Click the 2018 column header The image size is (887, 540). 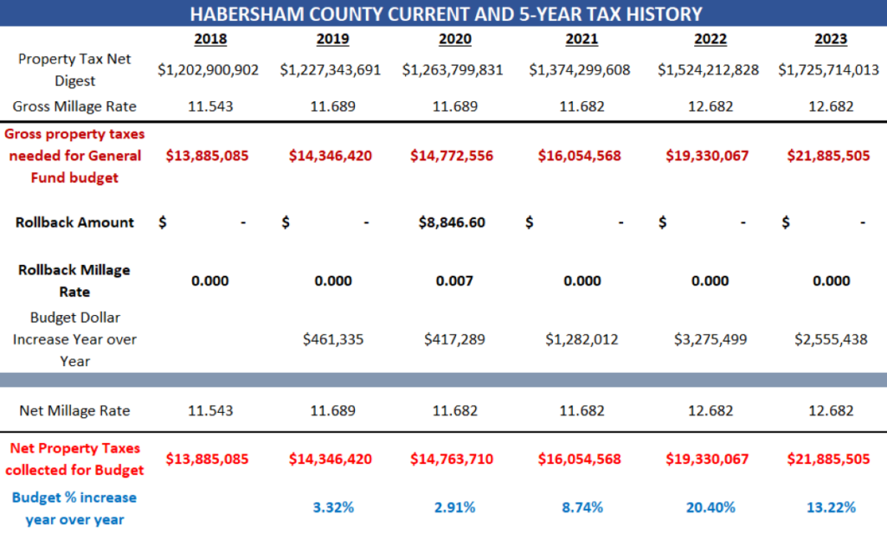pos(211,39)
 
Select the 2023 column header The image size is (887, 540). pos(831,39)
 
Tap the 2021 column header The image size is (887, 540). pos(582,39)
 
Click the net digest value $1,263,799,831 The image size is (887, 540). pos(453,70)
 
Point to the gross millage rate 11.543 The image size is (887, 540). pos(210,106)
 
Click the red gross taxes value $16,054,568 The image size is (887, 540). pos(580,156)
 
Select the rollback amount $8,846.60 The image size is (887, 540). pos(452,222)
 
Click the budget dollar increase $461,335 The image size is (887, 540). pos(333,339)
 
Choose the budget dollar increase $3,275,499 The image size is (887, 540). pos(710,339)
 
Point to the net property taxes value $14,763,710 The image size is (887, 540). pos(452,459)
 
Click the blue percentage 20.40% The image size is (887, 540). pos(710,507)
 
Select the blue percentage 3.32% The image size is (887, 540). pos(333,507)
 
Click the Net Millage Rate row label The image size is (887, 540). pos(74,411)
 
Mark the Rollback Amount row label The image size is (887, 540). pos(74,222)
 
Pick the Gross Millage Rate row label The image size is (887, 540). pos(74,106)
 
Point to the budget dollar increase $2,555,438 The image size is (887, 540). pos(831,339)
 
